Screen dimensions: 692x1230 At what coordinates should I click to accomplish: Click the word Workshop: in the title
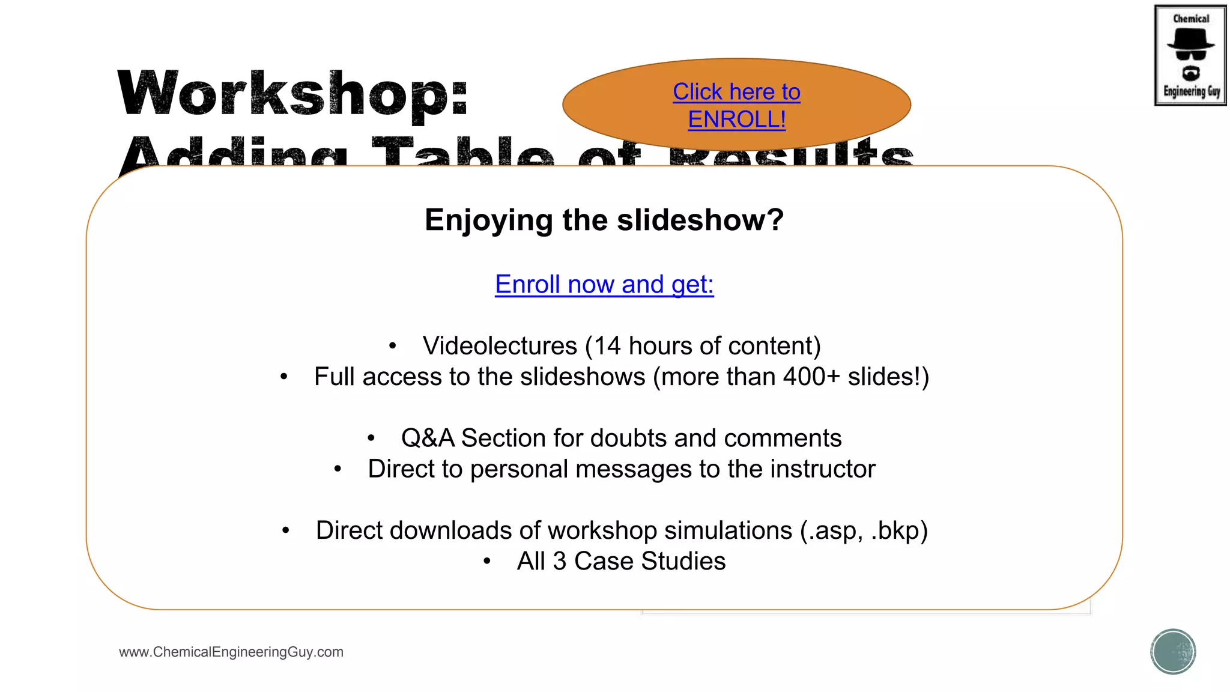click(292, 93)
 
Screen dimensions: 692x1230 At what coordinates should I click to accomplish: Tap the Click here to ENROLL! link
click(736, 105)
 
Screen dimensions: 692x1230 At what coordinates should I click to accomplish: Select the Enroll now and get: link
click(604, 284)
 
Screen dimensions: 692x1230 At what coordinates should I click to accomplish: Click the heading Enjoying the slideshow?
click(604, 220)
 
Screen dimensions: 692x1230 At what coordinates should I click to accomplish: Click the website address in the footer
click(231, 652)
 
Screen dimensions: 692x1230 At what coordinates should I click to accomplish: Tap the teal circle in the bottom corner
click(1173, 652)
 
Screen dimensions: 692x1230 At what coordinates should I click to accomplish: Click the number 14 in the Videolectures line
click(607, 346)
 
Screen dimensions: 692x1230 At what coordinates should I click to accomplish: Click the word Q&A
click(428, 439)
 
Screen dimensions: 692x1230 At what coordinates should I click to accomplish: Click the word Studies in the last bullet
click(683, 561)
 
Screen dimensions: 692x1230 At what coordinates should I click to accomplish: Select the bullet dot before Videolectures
click(392, 346)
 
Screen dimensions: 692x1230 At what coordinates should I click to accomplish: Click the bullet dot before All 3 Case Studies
click(487, 562)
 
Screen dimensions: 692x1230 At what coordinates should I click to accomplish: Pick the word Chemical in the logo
click(1191, 19)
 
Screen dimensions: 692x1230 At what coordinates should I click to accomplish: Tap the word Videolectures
click(500, 346)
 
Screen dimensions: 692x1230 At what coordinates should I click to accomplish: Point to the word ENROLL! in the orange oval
click(736, 120)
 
